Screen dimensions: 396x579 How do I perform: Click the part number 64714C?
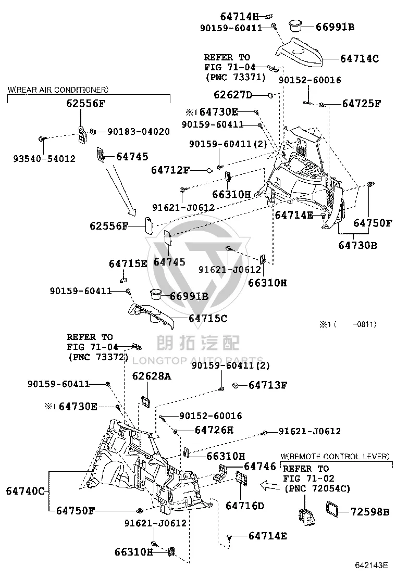(360, 59)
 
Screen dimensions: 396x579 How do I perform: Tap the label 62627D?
(233, 95)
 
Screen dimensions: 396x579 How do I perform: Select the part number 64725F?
(361, 104)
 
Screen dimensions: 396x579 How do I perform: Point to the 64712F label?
(170, 170)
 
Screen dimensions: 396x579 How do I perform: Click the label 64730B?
(357, 245)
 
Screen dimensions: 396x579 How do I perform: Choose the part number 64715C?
(208, 318)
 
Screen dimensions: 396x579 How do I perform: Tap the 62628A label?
(152, 376)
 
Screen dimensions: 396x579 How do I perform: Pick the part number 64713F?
(267, 385)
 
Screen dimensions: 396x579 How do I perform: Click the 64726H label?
(214, 430)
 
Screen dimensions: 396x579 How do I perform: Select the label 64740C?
(25, 491)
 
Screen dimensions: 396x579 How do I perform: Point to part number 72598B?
(370, 512)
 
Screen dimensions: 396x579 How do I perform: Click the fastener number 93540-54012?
(44, 159)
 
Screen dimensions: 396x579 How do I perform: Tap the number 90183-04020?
(139, 132)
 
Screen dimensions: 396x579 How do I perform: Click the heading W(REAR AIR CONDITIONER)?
(58, 90)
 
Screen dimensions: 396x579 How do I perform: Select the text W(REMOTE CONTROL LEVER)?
(335, 457)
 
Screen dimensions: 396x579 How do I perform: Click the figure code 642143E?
(371, 565)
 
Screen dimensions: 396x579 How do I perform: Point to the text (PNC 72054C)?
(317, 488)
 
